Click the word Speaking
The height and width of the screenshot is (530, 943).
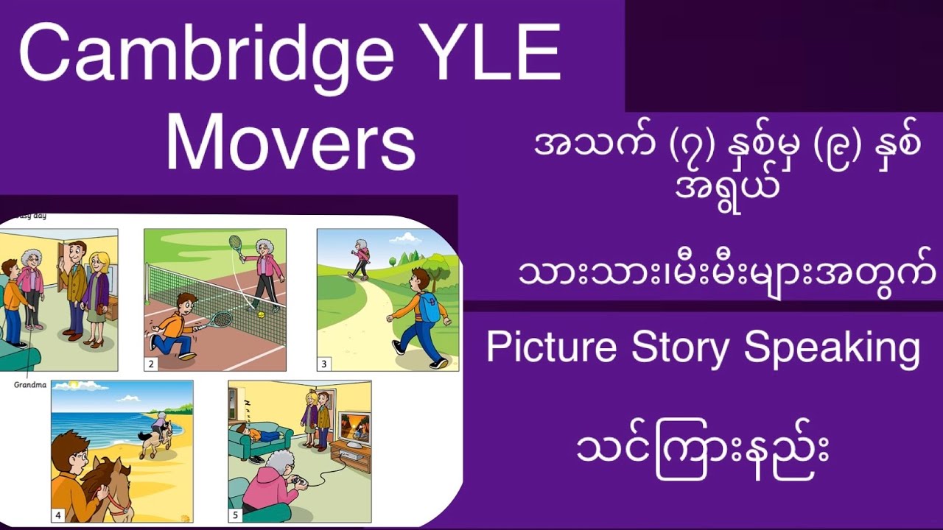pos(832,347)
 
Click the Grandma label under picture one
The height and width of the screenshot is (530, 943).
pos(29,384)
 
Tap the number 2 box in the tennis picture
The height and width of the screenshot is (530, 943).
pos(152,363)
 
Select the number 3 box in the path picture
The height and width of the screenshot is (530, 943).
pos(324,364)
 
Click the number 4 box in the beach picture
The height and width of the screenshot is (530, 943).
pos(58,515)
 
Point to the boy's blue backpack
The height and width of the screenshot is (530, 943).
pos(429,307)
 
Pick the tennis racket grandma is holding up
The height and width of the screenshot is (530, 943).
pos(236,244)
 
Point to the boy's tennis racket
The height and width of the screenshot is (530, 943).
pos(219,319)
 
